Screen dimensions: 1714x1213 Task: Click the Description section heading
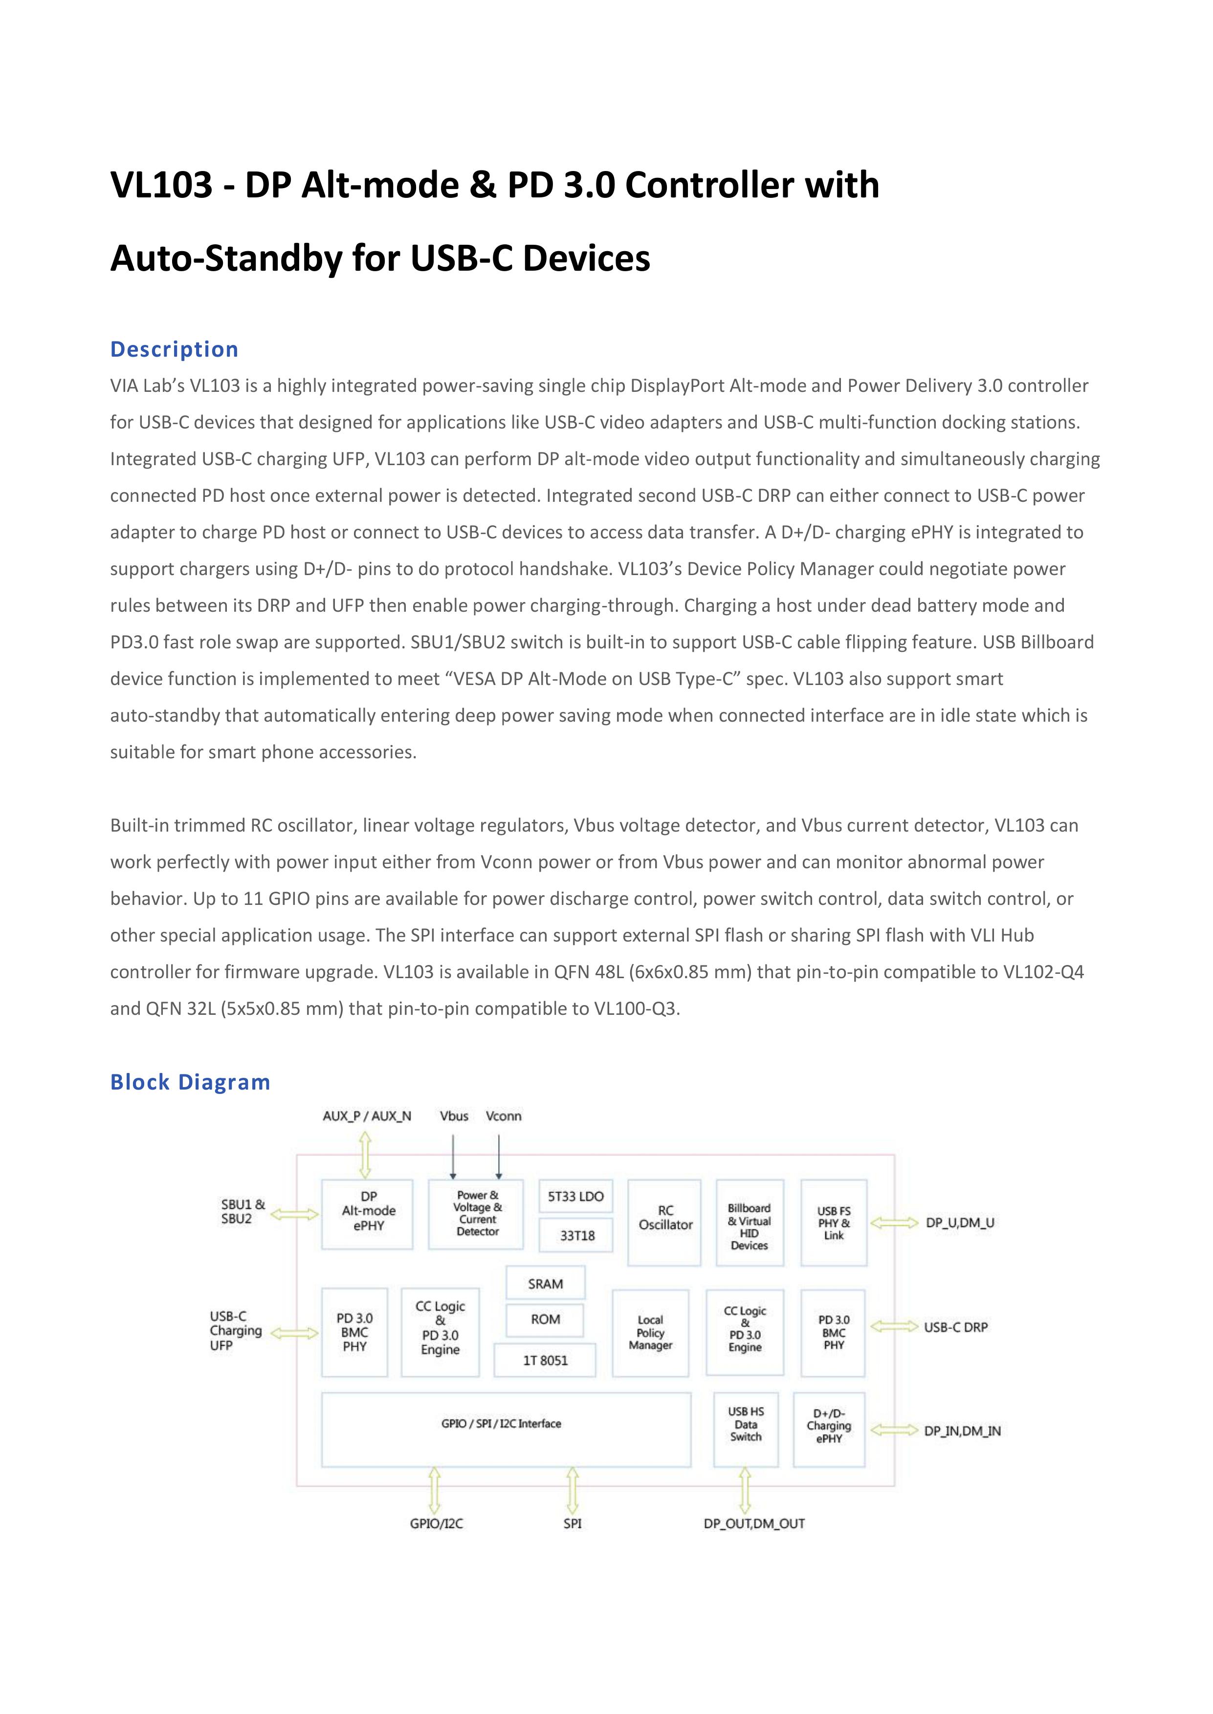[174, 349]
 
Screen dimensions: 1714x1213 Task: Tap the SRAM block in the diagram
[545, 1283]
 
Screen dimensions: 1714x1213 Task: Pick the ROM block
[545, 1319]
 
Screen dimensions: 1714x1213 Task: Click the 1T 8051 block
[545, 1360]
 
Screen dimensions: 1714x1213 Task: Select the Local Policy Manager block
[650, 1332]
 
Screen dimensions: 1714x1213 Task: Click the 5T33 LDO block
[576, 1197]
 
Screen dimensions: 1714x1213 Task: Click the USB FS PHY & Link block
[834, 1223]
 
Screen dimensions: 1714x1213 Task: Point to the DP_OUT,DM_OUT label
[753, 1523]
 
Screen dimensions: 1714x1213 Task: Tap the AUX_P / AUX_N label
[367, 1116]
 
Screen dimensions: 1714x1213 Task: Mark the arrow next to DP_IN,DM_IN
[894, 1430]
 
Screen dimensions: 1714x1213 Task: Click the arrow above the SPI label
[572, 1490]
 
